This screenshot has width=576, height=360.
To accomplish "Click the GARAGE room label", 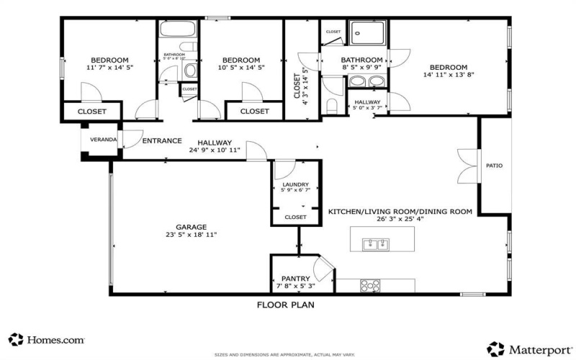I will [192, 226].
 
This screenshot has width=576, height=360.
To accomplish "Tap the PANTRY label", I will [296, 279].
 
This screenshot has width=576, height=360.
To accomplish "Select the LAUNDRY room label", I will [295, 185].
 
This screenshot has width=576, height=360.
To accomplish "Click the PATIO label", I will [495, 166].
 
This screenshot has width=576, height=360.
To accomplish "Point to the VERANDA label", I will [103, 140].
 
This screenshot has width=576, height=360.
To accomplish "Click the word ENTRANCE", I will [161, 140].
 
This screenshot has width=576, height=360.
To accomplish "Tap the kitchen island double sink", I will [374, 245].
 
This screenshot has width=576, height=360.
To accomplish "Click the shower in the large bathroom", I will [368, 32].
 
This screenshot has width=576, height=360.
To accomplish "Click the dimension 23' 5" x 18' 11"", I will [192, 235].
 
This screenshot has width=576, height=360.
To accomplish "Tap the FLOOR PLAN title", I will [285, 305].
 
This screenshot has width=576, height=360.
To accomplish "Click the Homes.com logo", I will [47, 338].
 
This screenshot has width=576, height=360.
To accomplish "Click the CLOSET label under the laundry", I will [295, 217].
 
